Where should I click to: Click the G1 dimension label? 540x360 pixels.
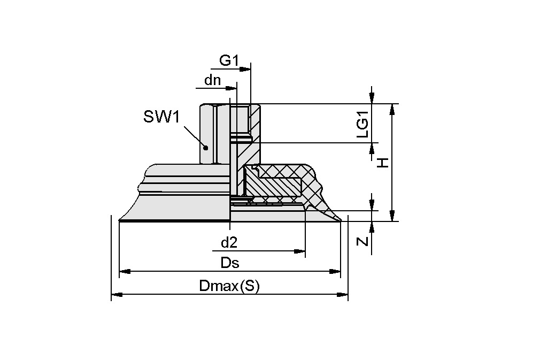(x=228, y=61)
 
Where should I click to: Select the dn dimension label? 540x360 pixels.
(x=213, y=81)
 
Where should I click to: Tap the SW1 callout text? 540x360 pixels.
(x=161, y=117)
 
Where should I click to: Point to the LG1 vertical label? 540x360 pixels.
(x=363, y=128)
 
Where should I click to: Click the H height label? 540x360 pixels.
(x=383, y=163)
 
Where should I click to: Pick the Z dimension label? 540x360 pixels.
(x=363, y=241)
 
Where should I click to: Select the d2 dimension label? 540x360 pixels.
(x=229, y=243)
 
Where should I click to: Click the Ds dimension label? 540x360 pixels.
(x=229, y=263)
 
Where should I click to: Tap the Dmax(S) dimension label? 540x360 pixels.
(x=229, y=286)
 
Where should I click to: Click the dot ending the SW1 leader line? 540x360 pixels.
(x=205, y=147)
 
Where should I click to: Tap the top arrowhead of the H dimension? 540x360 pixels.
(x=392, y=109)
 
